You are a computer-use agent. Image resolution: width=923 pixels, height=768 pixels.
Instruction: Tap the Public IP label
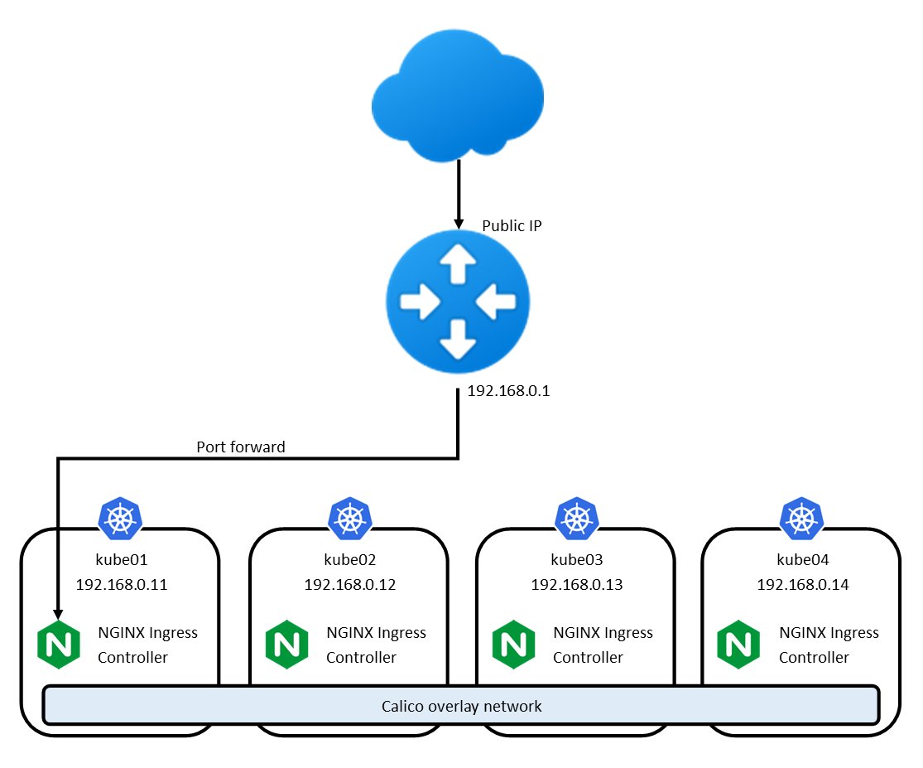click(512, 225)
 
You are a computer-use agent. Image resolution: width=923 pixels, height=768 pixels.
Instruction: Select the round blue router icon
click(458, 303)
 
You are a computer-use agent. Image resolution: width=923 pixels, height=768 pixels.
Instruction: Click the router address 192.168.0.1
click(508, 392)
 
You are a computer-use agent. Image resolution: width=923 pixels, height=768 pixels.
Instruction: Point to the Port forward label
click(240, 447)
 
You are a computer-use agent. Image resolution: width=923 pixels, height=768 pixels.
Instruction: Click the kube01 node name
click(122, 559)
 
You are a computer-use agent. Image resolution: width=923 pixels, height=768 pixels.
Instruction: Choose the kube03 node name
click(576, 559)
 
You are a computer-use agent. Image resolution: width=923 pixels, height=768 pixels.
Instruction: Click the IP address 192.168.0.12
click(350, 585)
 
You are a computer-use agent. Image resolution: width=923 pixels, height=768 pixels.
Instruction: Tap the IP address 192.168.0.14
click(802, 585)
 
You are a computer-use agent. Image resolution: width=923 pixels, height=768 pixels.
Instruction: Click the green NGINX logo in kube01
click(59, 645)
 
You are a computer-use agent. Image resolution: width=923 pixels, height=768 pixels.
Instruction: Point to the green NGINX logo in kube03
click(513, 645)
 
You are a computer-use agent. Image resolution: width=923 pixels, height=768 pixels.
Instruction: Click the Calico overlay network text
click(461, 707)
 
